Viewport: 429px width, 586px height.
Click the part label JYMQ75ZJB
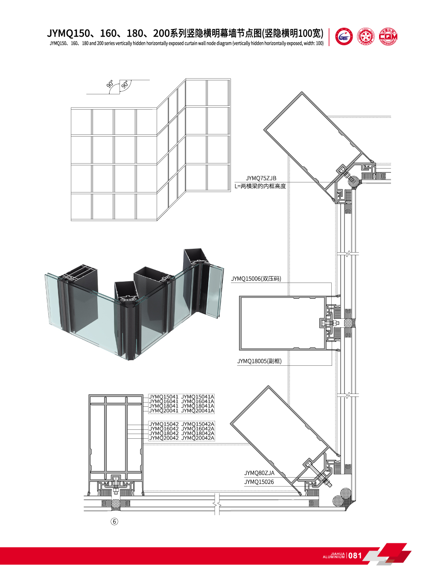coord(261,178)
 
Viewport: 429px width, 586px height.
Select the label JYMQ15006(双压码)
coord(256,279)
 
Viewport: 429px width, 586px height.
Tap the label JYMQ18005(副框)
coord(259,361)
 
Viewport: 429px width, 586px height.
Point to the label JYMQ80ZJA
coord(259,473)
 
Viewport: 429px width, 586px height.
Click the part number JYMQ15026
coord(259,482)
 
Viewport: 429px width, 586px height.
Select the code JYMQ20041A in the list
coord(198,411)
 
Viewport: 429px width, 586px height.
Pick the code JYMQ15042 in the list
coord(163,424)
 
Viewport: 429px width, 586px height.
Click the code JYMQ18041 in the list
coord(163,406)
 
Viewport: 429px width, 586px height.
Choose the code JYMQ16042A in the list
coord(198,429)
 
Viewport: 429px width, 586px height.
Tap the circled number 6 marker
coord(114,521)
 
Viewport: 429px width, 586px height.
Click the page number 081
coord(355,555)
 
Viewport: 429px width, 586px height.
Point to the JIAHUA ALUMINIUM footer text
coord(334,555)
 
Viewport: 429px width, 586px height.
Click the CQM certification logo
coord(388,37)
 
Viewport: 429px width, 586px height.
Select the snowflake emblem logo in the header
coord(365,37)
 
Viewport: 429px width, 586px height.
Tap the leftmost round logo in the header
coord(344,37)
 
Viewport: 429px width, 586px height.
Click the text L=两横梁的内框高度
coord(260,186)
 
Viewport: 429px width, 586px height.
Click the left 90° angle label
coord(110,85)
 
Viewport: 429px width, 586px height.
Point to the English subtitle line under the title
coord(186,44)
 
